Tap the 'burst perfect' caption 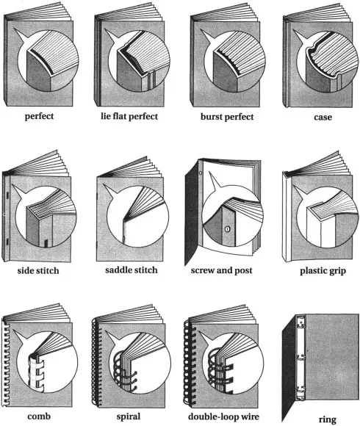coord(226,117)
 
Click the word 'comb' coord(39,416)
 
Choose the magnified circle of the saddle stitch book coord(140,218)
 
